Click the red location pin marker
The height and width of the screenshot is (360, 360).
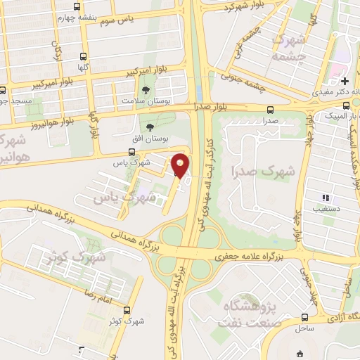(181, 165)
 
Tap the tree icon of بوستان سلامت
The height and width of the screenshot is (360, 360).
(146, 90)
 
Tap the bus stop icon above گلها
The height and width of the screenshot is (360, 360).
(84, 57)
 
